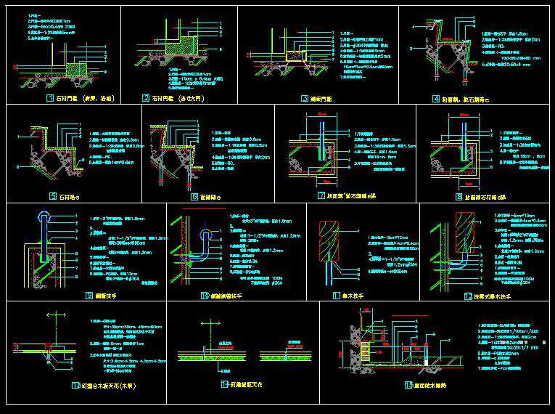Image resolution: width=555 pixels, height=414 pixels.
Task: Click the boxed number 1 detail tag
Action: click(x=49, y=97)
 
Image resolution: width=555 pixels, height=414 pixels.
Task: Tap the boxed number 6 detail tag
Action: click(x=194, y=196)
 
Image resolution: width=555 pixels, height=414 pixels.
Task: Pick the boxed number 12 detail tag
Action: click(x=468, y=296)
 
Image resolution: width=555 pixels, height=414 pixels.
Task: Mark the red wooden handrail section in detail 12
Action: click(x=461, y=231)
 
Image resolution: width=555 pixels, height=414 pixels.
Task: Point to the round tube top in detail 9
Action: click(x=44, y=216)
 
